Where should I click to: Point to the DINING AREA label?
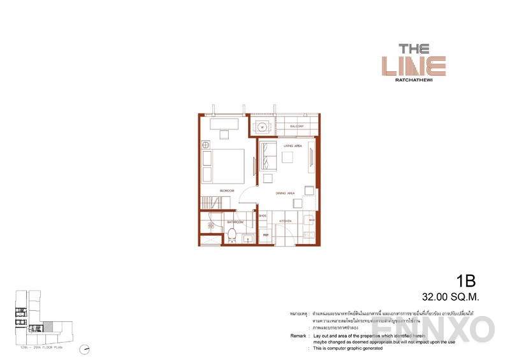pos(285,192)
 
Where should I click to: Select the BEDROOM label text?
pos(228,191)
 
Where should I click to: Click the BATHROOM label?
pos(236,222)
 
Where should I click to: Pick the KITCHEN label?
pos(285,220)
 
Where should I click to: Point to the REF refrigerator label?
pos(266,235)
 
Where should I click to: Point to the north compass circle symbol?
pos(84,349)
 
